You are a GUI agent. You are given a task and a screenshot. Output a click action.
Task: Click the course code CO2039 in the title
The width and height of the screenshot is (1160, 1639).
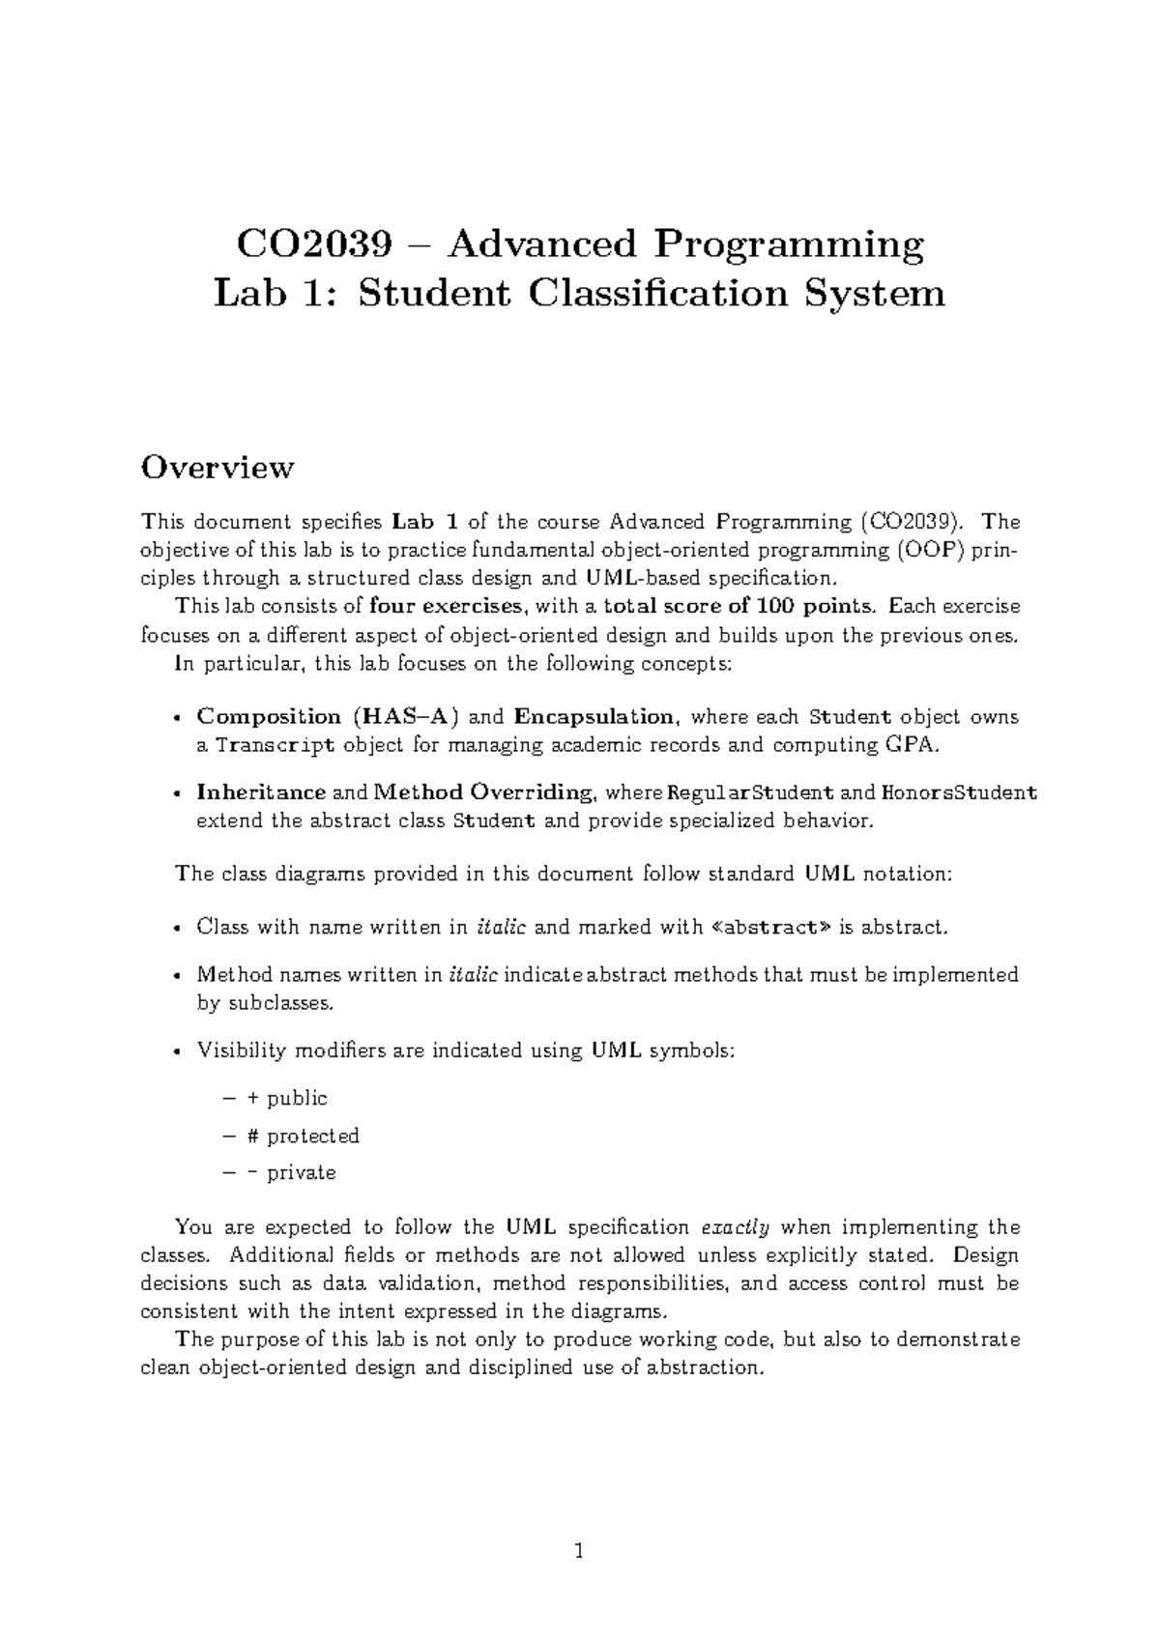pos(313,244)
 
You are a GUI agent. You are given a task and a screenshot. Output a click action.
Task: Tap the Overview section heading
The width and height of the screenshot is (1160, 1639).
pos(217,468)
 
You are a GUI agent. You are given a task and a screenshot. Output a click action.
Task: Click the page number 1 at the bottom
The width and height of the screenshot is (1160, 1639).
pos(579,1552)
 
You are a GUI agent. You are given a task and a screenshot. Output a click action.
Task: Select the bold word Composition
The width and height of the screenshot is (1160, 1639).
pos(269,717)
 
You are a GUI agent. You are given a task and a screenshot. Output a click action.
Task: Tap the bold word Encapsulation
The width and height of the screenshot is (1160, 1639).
pos(594,717)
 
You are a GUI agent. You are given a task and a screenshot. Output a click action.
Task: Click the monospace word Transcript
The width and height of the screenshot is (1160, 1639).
pos(275,745)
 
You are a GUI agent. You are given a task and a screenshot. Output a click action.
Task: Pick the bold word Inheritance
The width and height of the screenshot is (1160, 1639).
pos(261,793)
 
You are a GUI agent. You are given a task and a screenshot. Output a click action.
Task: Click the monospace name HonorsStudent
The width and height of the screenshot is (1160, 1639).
pos(959,793)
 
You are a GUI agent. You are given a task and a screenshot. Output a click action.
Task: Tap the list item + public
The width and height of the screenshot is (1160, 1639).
pos(288,1099)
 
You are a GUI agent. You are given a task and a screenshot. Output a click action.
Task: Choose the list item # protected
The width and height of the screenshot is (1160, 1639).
pos(304,1136)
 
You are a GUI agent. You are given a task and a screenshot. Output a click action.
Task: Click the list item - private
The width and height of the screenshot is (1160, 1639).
pos(292,1173)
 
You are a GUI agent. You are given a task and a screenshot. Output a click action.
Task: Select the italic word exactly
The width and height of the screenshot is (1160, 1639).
pos(734,1228)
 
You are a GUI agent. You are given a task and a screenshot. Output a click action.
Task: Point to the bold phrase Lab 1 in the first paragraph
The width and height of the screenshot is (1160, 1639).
pos(426,523)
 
